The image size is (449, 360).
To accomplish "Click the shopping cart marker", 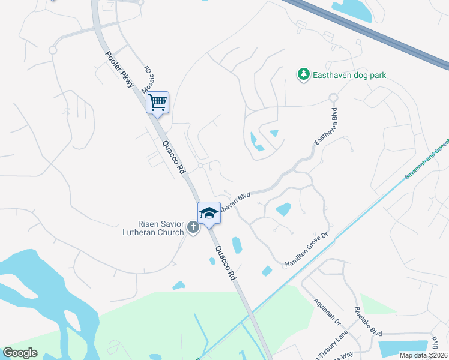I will tap(157, 102).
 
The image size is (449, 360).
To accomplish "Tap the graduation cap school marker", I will tap(209, 213).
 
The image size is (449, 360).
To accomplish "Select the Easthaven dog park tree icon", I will tap(304, 74).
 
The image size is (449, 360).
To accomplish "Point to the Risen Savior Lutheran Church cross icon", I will tap(193, 227).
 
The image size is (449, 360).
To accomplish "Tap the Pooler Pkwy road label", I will tap(120, 70).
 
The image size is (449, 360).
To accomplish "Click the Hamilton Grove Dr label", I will tap(307, 250).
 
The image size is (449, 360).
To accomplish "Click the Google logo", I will tap(20, 353).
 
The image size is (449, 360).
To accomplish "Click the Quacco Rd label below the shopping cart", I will tap(174, 158).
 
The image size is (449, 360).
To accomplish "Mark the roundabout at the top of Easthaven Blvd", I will tap(333, 97).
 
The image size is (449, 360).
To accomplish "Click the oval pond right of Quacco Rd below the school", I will tap(237, 245).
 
